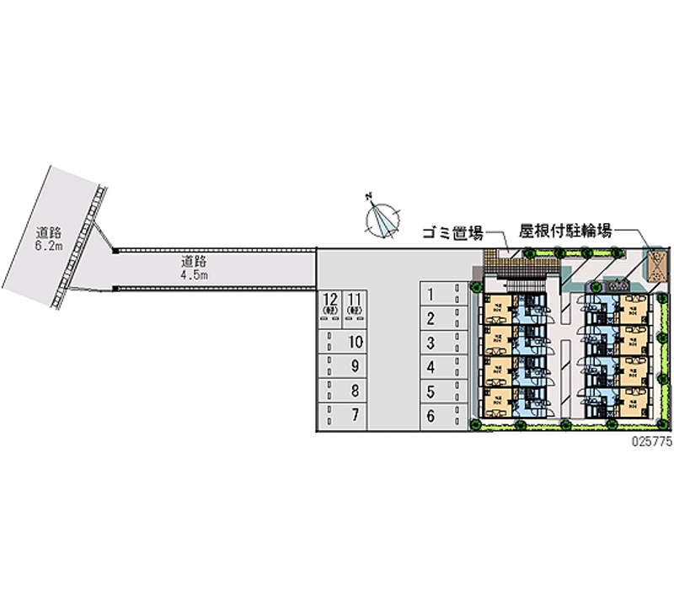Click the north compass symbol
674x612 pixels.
(x=383, y=218)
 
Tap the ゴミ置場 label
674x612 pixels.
(x=452, y=233)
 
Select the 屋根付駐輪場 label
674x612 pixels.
(x=565, y=229)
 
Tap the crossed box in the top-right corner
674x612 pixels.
(x=655, y=265)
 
